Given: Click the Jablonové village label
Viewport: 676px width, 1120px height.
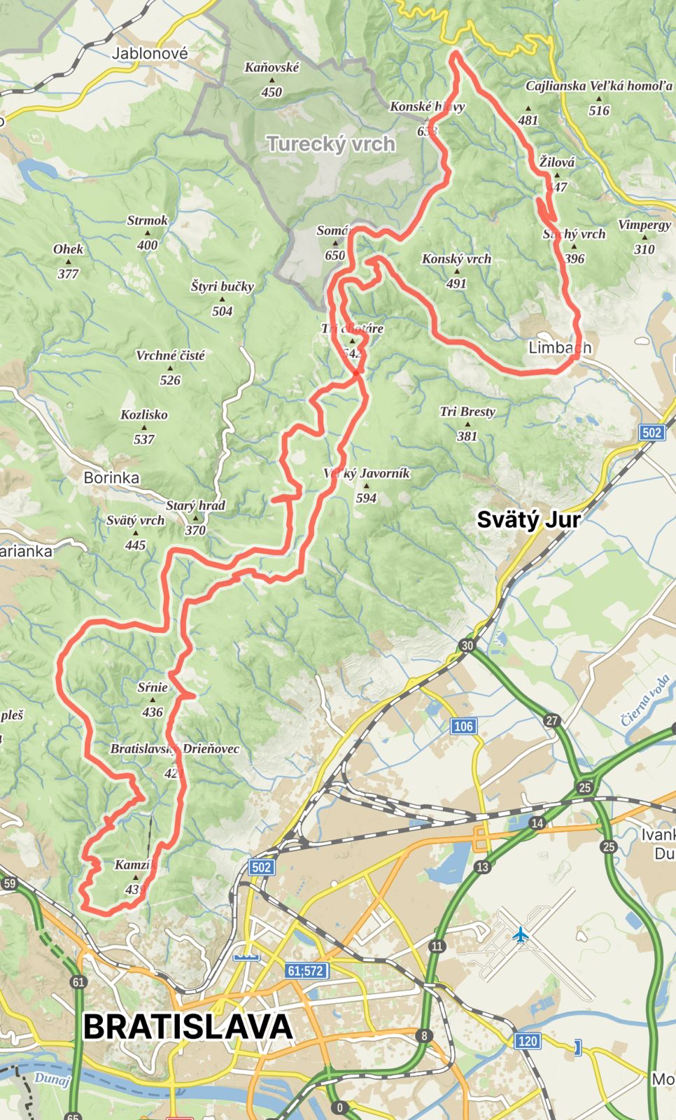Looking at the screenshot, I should coord(150,53).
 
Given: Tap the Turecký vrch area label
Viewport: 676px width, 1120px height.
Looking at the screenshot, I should coord(331,144).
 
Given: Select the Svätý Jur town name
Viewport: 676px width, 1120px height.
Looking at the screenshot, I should coord(528,519).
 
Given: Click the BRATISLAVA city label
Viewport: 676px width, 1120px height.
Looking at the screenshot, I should coord(188,1027).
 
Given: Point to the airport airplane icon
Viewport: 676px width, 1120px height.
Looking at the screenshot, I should coord(520,934).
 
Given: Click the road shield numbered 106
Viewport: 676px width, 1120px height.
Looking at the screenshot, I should coord(463,726).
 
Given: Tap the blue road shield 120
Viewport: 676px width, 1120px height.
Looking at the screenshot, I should coord(528,1041).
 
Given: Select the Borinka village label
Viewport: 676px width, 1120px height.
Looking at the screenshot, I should coord(111,477).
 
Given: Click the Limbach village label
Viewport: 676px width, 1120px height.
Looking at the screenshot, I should coord(559,347).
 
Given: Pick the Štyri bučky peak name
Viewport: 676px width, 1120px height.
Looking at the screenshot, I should coord(222,286).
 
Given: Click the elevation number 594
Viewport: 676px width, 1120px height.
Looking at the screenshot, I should coord(366,498).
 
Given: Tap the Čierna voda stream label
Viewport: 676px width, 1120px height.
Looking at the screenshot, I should coord(645,699).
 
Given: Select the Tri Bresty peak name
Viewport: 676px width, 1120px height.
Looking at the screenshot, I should coord(467,412).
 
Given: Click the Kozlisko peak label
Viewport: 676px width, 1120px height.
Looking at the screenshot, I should coord(144,414).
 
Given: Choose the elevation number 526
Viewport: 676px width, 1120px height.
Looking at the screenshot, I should coord(170,380).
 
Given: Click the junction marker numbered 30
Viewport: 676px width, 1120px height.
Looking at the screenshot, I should coord(467,645).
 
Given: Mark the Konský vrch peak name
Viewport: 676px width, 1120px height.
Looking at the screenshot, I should coord(456,259).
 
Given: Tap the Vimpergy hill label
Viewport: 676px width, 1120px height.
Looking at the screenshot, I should coord(645,225).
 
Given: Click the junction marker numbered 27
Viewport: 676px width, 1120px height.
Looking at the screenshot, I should coord(552,721).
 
